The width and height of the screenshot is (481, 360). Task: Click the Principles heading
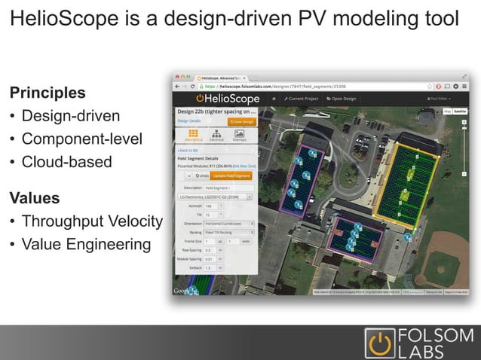pos(47,93)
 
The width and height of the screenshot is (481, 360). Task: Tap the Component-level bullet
pos(81,139)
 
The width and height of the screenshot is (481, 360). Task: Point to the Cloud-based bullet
pos(66,162)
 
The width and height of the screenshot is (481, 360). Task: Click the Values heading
pos(34,199)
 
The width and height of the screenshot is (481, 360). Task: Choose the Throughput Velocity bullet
pos(92,222)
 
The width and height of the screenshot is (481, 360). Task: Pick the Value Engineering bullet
pos(86,245)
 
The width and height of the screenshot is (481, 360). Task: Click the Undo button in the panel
pos(201,175)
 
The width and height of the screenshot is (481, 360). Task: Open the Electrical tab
pos(216,135)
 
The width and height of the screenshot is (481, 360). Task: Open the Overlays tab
pos(239,135)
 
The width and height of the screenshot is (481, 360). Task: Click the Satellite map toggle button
pos(459,111)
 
